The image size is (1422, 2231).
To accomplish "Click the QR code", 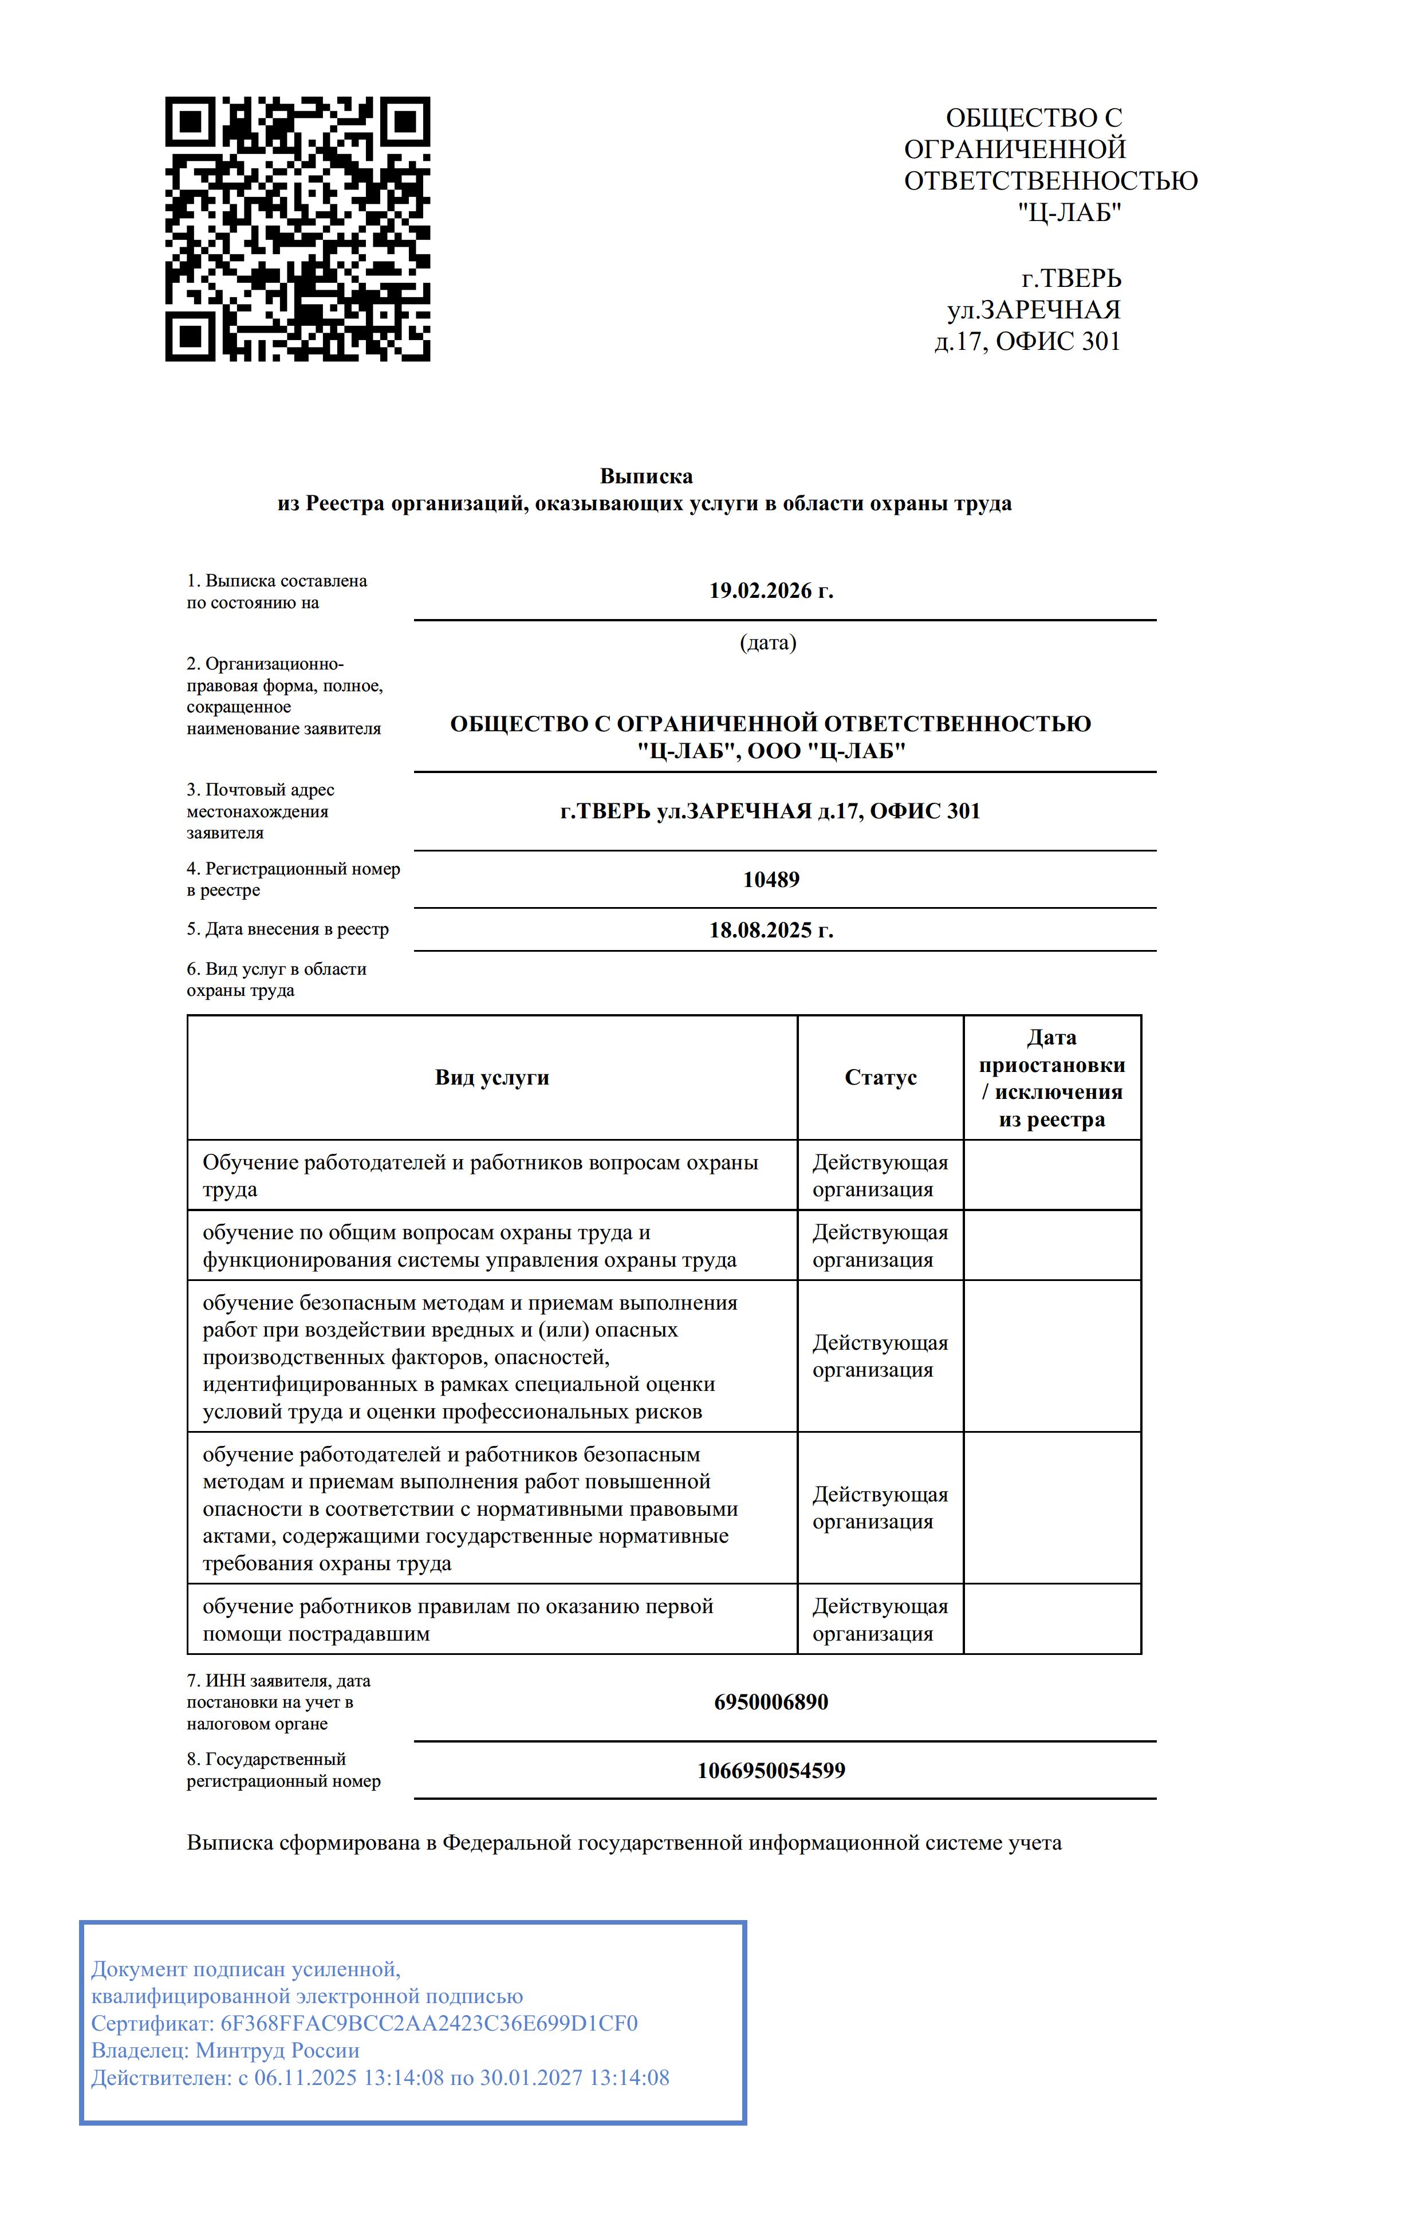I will (x=297, y=229).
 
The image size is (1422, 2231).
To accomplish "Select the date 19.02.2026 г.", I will (x=771, y=591).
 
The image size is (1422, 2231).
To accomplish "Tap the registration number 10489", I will (x=771, y=879).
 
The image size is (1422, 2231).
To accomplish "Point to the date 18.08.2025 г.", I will (x=771, y=930).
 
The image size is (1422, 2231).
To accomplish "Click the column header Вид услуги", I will (x=492, y=1078).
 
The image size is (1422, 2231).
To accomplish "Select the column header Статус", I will (x=880, y=1078).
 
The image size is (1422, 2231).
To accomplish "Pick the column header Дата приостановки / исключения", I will (x=1051, y=1078).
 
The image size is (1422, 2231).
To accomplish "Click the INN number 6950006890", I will (x=771, y=1702).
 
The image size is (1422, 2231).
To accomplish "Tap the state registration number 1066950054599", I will (x=771, y=1771).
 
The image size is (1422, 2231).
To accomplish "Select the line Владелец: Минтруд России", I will (x=225, y=2051).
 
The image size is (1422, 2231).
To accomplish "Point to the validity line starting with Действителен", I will (x=380, y=2078).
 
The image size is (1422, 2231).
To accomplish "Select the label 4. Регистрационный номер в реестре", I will (x=293, y=879).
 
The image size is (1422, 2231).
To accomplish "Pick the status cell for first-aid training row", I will (x=880, y=1619).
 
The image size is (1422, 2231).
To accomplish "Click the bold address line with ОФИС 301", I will (x=771, y=811).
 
